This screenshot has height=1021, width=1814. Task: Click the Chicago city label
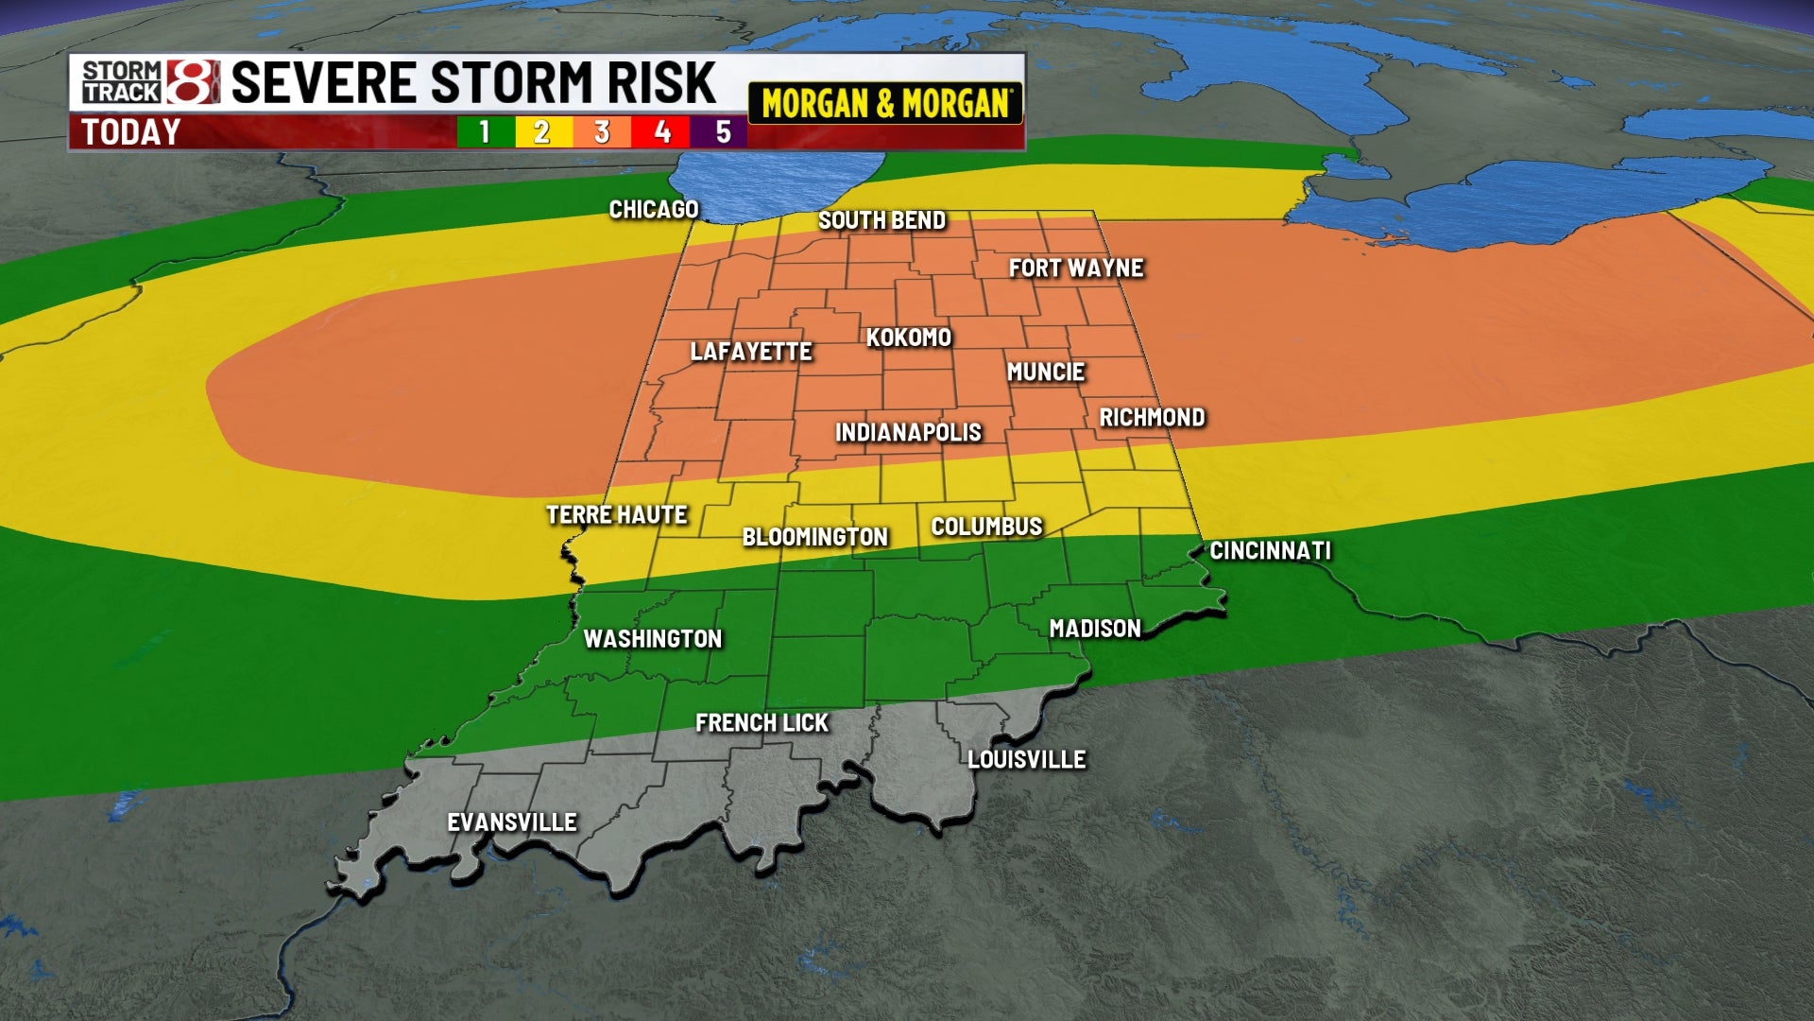(653, 210)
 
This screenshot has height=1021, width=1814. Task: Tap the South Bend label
(881, 220)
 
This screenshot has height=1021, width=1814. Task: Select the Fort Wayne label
(1076, 268)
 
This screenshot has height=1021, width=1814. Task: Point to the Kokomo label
(908, 337)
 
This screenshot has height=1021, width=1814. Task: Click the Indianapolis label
(908, 433)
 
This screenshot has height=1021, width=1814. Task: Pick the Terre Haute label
(616, 515)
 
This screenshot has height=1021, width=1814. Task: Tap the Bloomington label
(814, 537)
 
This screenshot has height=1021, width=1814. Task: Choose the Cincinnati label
(1270, 550)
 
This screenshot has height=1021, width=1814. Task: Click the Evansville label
(511, 822)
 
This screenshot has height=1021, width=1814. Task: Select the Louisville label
(1026, 759)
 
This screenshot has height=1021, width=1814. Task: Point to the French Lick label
(762, 723)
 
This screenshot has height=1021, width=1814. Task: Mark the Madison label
(1095, 629)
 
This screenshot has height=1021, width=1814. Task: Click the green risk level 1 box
(485, 132)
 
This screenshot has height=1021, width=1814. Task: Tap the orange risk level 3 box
(602, 132)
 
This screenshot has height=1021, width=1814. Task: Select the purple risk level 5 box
(722, 132)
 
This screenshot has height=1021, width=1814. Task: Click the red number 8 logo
(193, 81)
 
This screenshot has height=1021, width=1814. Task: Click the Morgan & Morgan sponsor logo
(885, 103)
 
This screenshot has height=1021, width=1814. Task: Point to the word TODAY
(130, 132)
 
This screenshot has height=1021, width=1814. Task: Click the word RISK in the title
(660, 82)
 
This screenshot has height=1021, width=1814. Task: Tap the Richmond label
(1152, 418)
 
